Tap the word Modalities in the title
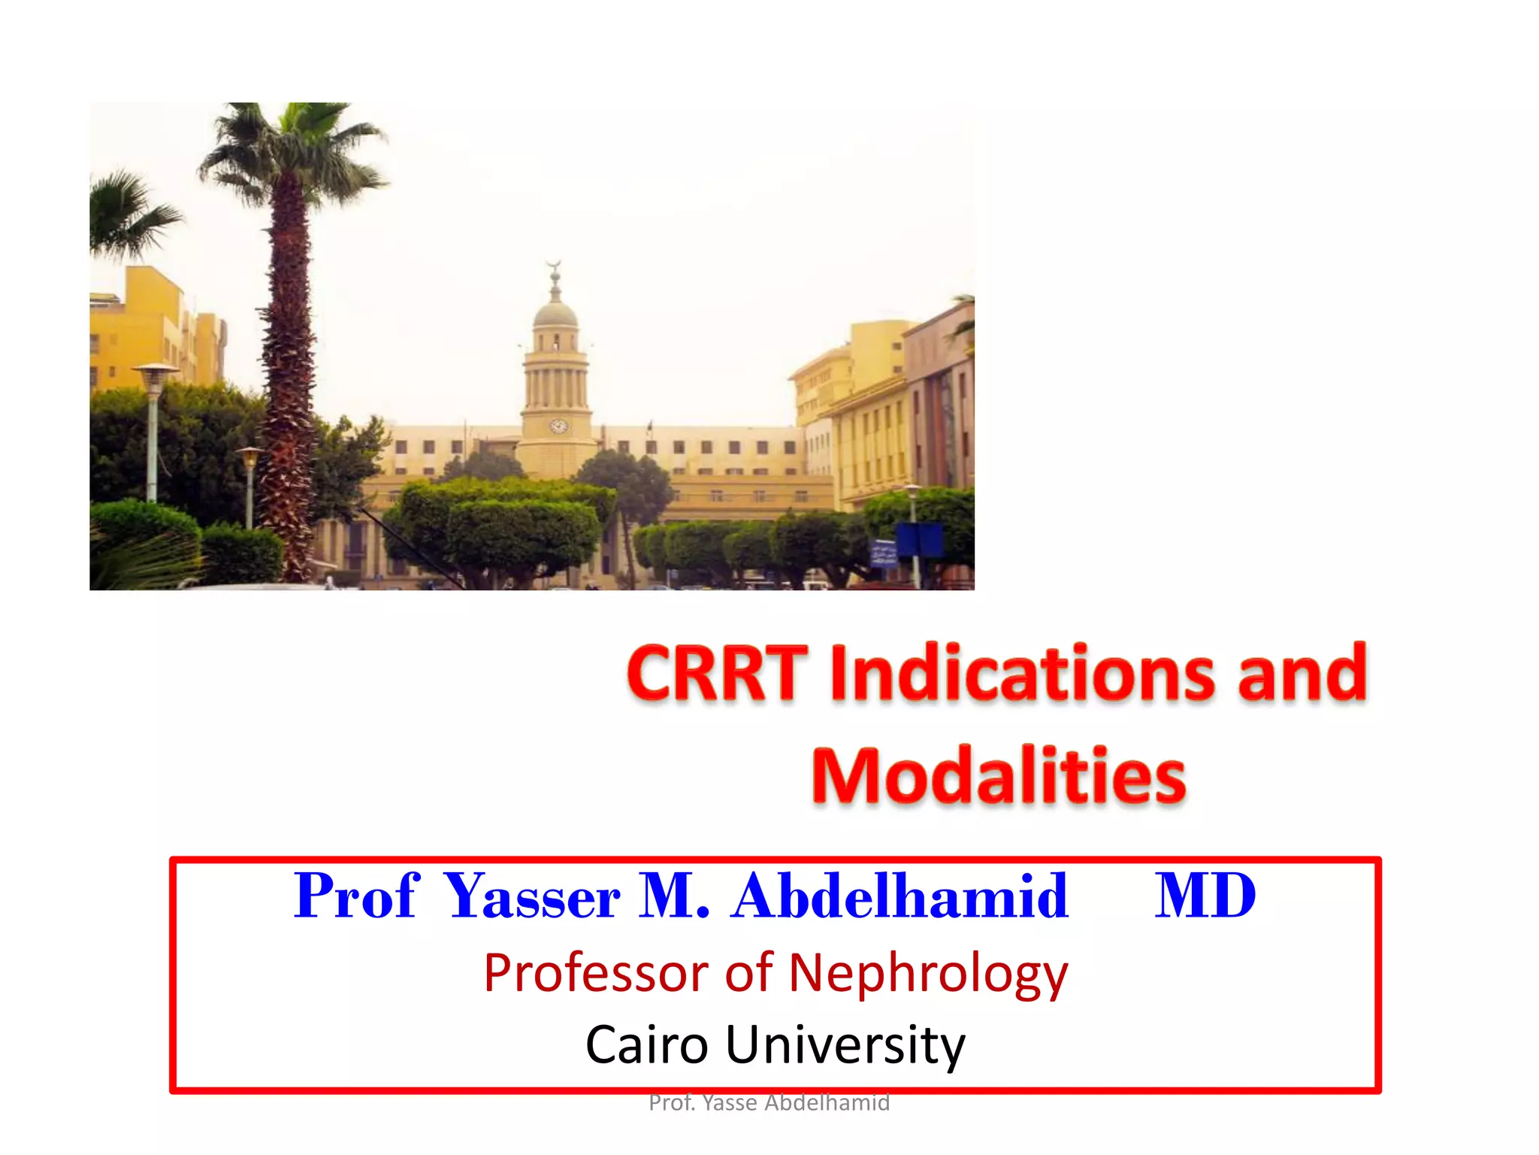999,776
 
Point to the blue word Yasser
532,896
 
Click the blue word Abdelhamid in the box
900,896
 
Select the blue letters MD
1205,896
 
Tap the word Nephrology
928,974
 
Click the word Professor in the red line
596,972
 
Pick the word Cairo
647,1045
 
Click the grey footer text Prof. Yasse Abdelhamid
769,1103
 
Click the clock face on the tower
558,426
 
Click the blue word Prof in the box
355,896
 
